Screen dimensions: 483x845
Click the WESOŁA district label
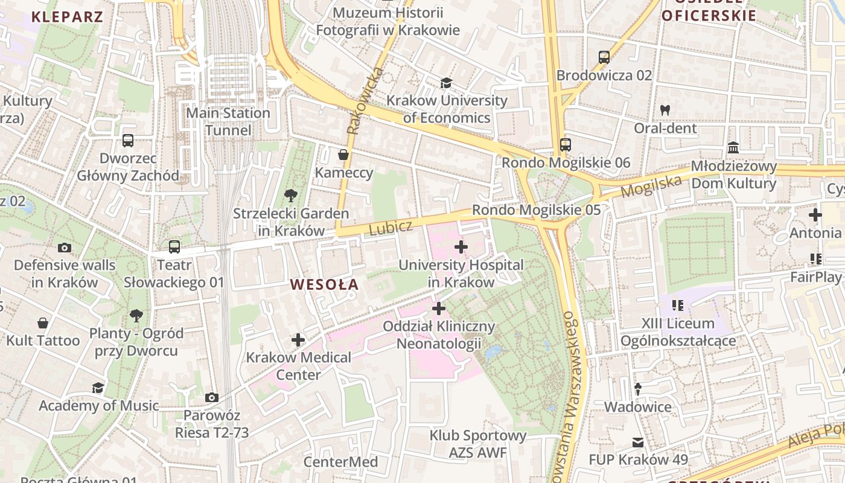(324, 284)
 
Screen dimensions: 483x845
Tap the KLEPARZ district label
(67, 16)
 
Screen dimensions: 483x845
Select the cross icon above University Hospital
(461, 246)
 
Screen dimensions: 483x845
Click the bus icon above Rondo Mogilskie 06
(565, 144)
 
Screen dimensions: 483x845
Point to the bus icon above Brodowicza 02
(604, 57)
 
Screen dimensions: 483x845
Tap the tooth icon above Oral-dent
(665, 110)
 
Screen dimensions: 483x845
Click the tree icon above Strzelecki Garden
(290, 195)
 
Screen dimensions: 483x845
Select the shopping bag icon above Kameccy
(343, 155)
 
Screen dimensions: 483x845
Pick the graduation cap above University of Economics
(446, 83)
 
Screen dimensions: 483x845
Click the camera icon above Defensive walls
(64, 248)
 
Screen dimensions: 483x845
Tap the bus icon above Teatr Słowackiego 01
(174, 246)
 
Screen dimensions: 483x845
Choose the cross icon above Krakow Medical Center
(298, 339)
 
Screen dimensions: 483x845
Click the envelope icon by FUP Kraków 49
(638, 442)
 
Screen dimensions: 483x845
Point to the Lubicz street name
(391, 228)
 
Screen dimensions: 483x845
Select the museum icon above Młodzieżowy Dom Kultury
(733, 147)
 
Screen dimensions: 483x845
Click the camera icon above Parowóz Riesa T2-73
(211, 397)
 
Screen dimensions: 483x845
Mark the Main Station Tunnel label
(228, 121)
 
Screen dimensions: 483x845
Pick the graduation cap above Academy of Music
(98, 388)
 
